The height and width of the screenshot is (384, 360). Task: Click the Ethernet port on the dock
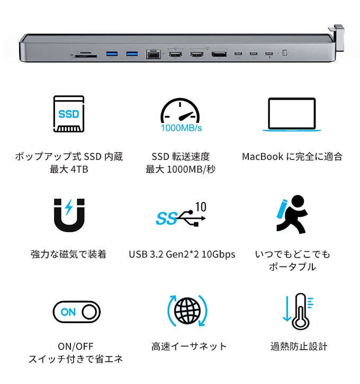[x=154, y=54]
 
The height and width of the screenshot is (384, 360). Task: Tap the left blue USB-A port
[x=112, y=54]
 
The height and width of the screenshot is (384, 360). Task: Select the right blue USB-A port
[x=132, y=54]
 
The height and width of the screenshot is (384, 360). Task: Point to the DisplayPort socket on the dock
[x=219, y=54]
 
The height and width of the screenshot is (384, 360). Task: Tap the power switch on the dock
[x=285, y=52]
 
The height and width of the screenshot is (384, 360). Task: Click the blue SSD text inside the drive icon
[x=69, y=114]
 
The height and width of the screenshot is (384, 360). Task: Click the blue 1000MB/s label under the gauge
[x=182, y=128]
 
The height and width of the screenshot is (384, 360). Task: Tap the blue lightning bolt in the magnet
[x=69, y=207]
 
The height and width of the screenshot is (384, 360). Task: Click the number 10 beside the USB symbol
[x=201, y=207]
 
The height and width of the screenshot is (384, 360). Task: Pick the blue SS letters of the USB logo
[x=166, y=218]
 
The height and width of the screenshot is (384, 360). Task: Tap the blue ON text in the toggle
[x=68, y=312]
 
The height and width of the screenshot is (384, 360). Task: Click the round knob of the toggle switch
[x=89, y=312]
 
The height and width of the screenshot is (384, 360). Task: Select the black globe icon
[x=187, y=311]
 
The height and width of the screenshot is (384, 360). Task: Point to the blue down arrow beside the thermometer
[x=287, y=309]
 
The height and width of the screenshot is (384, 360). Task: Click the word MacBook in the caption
[x=263, y=157]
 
